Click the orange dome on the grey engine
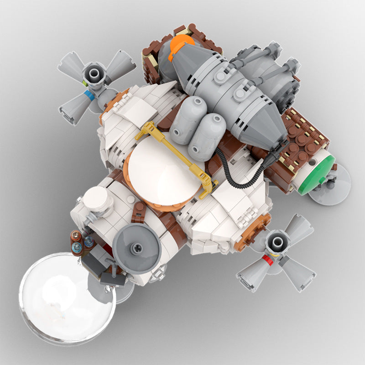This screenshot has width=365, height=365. [x=180, y=47]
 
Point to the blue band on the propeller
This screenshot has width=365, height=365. [x=89, y=96]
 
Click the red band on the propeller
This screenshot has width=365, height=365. [x=268, y=261]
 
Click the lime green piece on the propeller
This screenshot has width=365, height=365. [x=85, y=84]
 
